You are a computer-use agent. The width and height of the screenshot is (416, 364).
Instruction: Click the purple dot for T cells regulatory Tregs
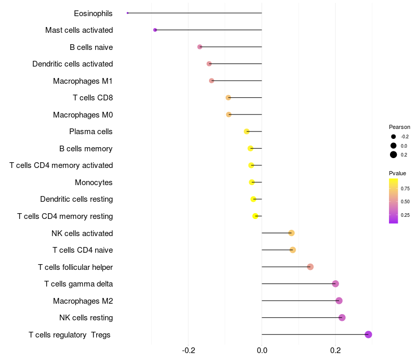368,334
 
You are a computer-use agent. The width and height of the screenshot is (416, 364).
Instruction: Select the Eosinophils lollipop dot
128,13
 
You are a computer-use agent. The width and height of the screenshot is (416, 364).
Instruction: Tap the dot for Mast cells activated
155,30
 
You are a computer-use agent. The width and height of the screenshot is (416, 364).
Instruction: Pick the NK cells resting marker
342,318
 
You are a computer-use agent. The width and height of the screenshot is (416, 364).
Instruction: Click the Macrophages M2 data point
339,301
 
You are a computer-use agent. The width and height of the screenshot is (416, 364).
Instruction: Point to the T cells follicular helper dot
310,267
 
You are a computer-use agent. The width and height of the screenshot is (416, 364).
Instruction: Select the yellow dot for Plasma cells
246,132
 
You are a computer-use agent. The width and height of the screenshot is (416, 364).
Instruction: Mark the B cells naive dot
200,47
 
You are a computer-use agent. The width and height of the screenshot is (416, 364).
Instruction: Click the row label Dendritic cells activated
72,64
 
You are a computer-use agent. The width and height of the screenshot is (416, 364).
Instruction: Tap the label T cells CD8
93,98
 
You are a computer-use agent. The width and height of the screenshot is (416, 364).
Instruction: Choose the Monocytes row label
94,183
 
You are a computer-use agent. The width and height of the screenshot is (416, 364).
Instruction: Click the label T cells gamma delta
79,284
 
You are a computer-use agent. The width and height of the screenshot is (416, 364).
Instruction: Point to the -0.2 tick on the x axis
189,350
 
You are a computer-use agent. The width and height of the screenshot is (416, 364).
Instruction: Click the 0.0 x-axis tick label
262,350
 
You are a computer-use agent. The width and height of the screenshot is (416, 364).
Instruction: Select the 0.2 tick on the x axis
335,350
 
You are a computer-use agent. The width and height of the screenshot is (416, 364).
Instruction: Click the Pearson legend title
399,127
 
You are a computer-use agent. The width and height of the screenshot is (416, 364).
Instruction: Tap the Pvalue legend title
397,173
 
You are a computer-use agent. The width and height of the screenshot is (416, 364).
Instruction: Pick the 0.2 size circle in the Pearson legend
394,154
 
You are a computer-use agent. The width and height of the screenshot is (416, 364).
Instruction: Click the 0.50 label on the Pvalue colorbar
405,201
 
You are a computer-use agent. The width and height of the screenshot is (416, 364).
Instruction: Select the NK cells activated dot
291,233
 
